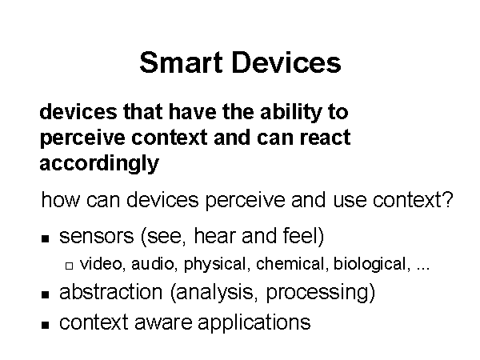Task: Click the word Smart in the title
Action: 181,62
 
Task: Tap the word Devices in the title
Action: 287,62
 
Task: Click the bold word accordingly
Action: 99,164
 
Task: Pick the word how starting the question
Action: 60,200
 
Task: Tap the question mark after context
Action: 448,199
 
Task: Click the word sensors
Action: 97,237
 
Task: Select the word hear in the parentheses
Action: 215,235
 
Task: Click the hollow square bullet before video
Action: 69,266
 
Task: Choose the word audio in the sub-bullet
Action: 153,263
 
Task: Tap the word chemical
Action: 290,263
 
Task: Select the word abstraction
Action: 111,292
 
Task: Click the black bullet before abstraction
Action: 45,294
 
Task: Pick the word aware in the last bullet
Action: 163,323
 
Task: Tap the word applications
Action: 254,323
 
